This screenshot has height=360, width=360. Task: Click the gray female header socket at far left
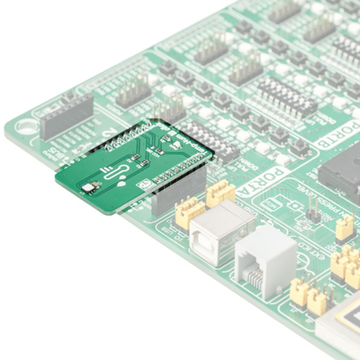(65, 116)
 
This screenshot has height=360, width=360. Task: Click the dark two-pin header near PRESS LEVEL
(312, 216)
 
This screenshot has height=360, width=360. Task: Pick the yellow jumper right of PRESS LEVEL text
(344, 226)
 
